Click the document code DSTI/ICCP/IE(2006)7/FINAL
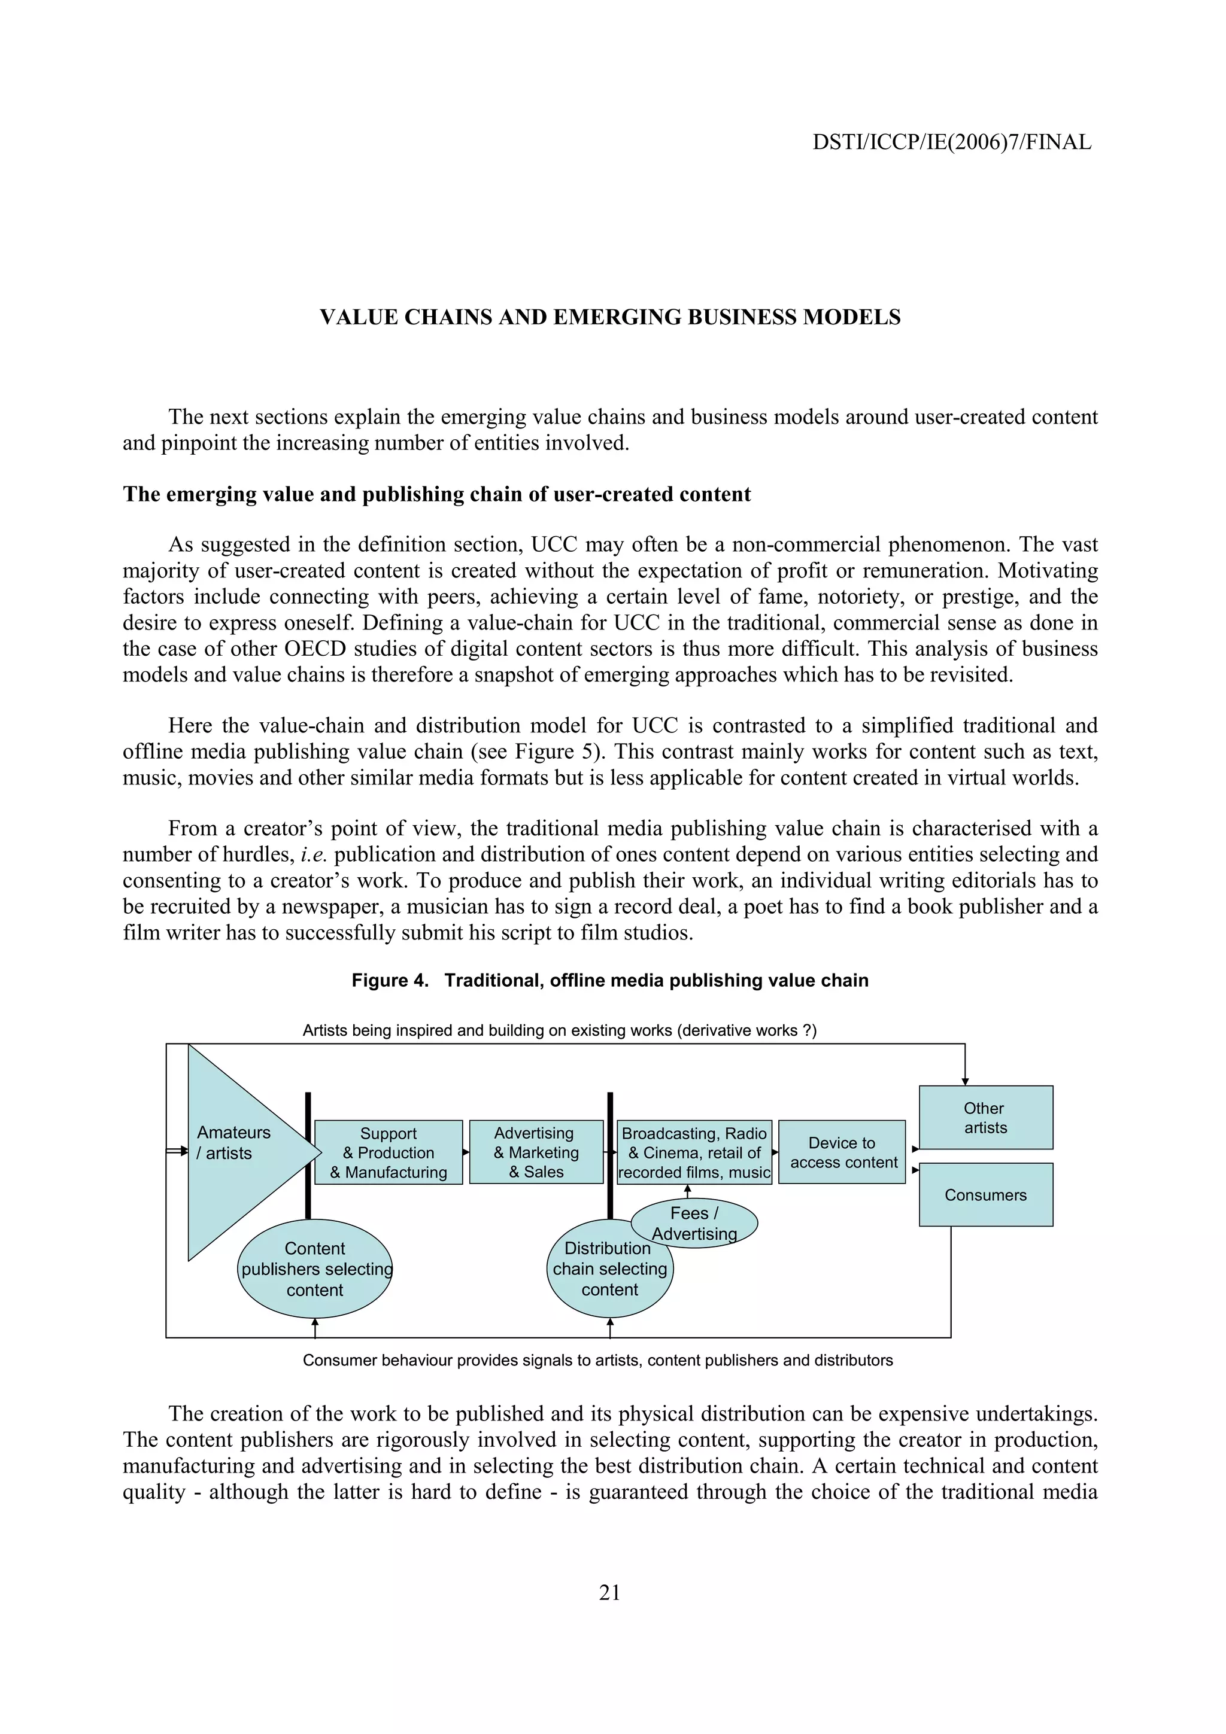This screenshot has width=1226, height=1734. [x=951, y=142]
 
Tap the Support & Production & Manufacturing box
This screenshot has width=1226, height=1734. [x=389, y=1152]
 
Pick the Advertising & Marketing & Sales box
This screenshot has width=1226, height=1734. [x=536, y=1152]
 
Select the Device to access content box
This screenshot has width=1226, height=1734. [x=842, y=1152]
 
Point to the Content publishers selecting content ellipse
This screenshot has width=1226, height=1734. [x=315, y=1270]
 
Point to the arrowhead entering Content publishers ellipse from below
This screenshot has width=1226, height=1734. [x=315, y=1322]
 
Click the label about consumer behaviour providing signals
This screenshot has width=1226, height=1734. [x=597, y=1360]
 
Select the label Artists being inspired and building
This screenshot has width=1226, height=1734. [x=559, y=1030]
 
